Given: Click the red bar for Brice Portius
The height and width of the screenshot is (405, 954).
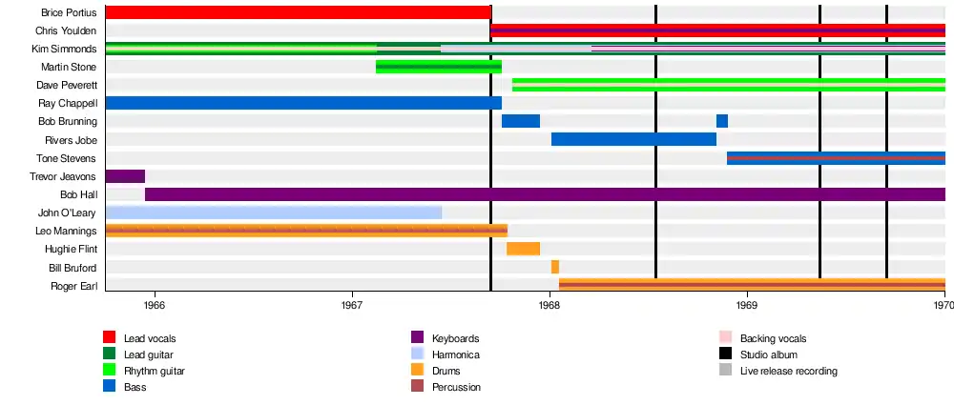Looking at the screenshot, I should pyautogui.click(x=298, y=12).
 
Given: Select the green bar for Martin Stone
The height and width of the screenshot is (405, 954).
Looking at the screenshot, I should pyautogui.click(x=439, y=67).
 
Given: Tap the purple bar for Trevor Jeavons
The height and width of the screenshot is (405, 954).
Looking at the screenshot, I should pyautogui.click(x=125, y=176).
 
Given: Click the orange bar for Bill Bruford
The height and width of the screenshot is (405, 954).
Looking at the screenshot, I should pyautogui.click(x=555, y=267).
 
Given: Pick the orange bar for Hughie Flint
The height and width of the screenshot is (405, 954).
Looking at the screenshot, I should pyautogui.click(x=523, y=249).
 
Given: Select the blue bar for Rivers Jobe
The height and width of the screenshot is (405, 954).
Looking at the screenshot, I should pyautogui.click(x=633, y=140).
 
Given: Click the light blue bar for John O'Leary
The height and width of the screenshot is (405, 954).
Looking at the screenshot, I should pyautogui.click(x=274, y=213).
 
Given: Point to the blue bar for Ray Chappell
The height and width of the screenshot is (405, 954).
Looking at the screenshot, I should pyautogui.click(x=303, y=103).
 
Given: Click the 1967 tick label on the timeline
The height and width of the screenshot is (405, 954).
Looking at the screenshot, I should pyautogui.click(x=352, y=306).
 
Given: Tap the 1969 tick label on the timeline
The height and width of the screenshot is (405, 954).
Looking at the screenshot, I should pyautogui.click(x=747, y=306).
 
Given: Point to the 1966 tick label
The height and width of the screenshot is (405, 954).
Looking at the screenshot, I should pyautogui.click(x=155, y=306).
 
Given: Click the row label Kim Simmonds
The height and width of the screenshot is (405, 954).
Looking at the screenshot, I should pyautogui.click(x=64, y=49).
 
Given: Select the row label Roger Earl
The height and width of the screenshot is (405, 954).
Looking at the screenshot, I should pyautogui.click(x=73, y=285).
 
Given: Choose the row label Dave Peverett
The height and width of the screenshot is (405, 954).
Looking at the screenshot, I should pyautogui.click(x=67, y=85).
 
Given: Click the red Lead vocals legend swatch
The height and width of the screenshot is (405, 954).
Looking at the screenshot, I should pyautogui.click(x=110, y=337).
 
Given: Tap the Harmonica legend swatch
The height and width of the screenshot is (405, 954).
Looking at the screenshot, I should pyautogui.click(x=417, y=354).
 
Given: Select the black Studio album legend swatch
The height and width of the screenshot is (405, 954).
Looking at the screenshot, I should pyautogui.click(x=725, y=354).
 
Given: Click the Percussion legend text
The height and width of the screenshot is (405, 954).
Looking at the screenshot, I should pyautogui.click(x=456, y=387).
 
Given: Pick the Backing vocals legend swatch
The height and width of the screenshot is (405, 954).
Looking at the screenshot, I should pyautogui.click(x=725, y=337).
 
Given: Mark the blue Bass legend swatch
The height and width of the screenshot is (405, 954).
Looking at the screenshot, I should pyautogui.click(x=110, y=387).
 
